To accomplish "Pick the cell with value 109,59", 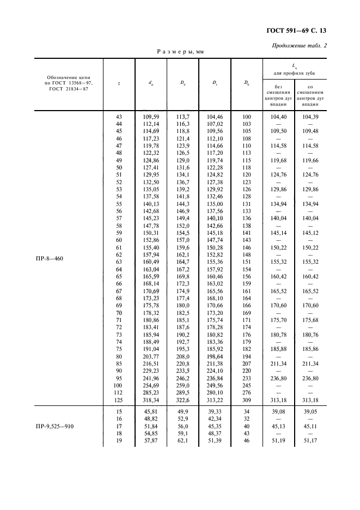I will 150,117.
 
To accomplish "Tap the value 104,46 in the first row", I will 215,117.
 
